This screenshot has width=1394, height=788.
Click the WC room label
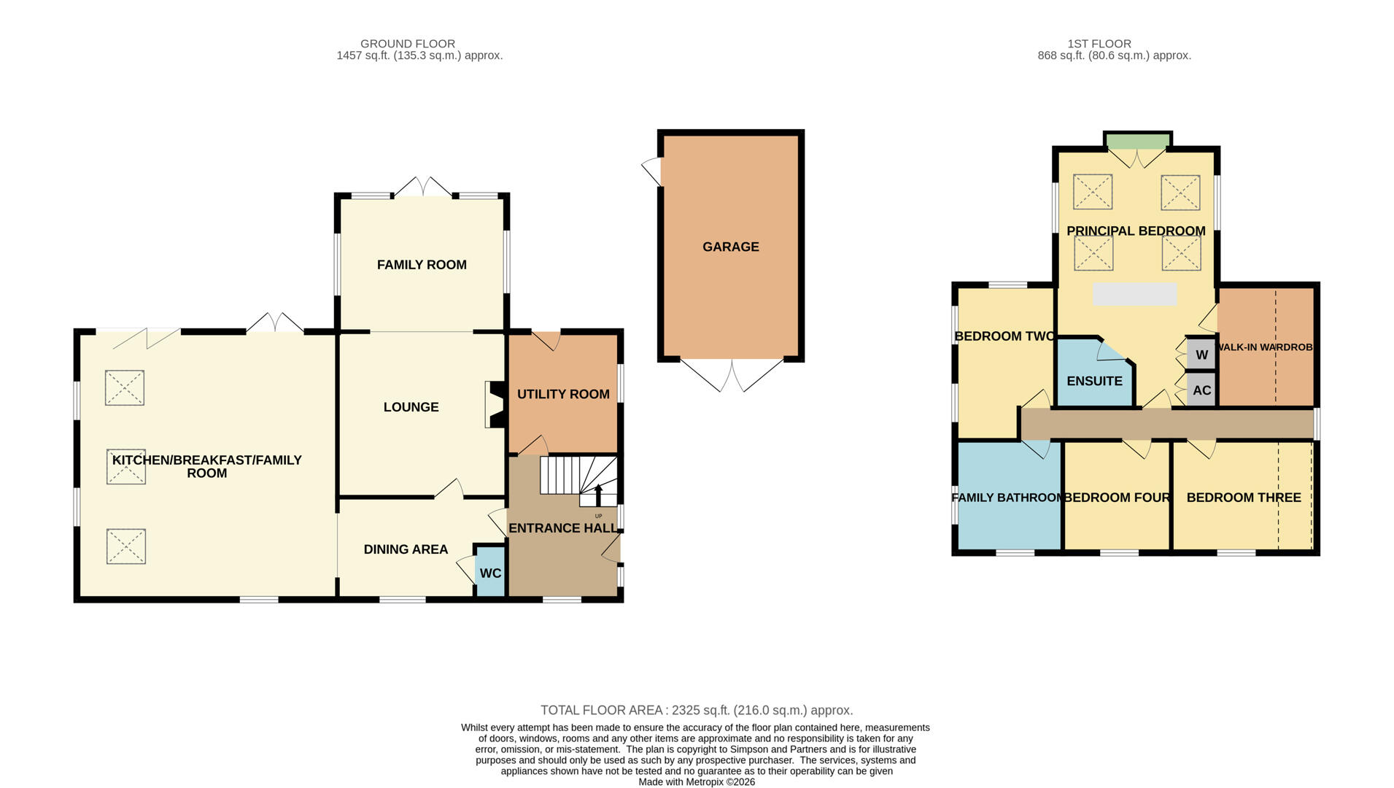click(490, 573)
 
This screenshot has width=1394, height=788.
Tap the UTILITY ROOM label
click(563, 394)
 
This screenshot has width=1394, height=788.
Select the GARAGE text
click(730, 247)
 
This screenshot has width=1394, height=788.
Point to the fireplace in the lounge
click(494, 405)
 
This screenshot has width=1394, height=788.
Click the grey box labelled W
click(1201, 355)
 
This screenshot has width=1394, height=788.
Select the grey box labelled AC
click(1201, 390)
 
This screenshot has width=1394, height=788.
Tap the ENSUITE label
click(1093, 381)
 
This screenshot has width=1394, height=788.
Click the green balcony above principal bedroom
click(1137, 140)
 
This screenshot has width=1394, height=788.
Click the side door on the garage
click(651, 171)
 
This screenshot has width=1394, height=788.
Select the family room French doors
click(423, 187)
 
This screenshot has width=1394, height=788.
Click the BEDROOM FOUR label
click(1117, 498)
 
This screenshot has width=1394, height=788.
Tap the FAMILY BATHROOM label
click(1007, 498)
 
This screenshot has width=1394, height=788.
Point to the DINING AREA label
click(406, 549)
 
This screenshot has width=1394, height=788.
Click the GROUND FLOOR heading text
click(407, 44)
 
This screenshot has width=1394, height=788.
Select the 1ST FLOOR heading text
click(1099, 44)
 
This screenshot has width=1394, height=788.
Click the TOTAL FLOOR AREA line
click(696, 710)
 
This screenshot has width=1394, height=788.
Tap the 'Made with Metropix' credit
click(696, 781)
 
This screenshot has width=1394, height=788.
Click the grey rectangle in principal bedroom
click(1134, 294)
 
